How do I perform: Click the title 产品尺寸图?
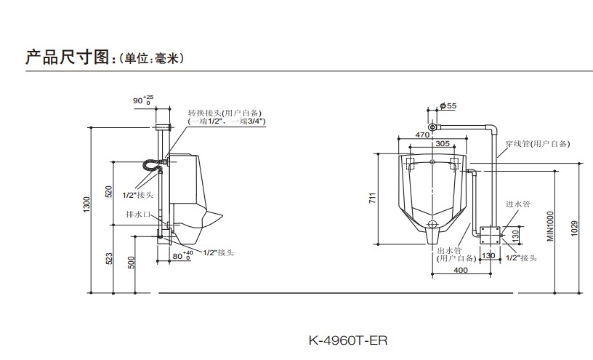66,57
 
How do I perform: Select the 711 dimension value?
371,198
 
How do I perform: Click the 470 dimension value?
421,135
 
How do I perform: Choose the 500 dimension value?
131,263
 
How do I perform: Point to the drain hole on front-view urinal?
433,224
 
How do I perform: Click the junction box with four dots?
489,234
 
